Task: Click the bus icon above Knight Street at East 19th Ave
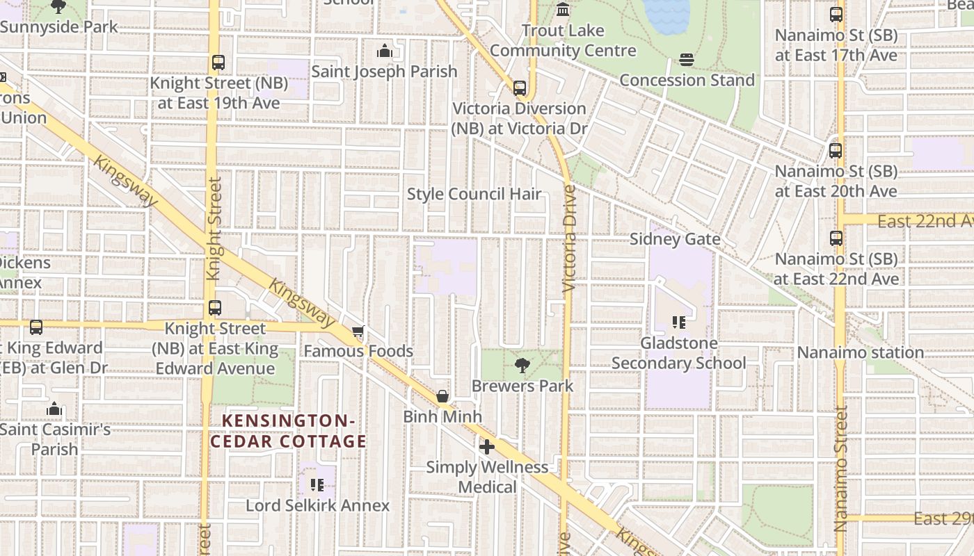[x=218, y=63]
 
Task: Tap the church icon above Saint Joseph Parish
[x=384, y=51]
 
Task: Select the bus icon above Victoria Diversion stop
[x=519, y=88]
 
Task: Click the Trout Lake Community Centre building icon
[x=563, y=10]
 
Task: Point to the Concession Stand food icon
[x=687, y=60]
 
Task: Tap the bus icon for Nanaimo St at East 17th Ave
[x=836, y=15]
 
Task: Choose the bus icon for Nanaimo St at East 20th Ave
[x=836, y=150]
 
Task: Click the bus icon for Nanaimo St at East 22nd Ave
[x=836, y=238]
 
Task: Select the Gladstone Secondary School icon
[x=678, y=322]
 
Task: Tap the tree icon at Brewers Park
[x=522, y=366]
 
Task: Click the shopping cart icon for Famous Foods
[x=358, y=332]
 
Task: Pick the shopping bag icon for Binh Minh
[x=442, y=397]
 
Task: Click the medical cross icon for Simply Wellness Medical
[x=487, y=447]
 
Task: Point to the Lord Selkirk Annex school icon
[x=317, y=484]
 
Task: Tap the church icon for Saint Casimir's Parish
[x=54, y=409]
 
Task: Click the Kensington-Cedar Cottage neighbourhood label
[x=289, y=431]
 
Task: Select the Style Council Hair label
[x=474, y=194]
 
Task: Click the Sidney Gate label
[x=674, y=239]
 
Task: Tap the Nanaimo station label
[x=860, y=352]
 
